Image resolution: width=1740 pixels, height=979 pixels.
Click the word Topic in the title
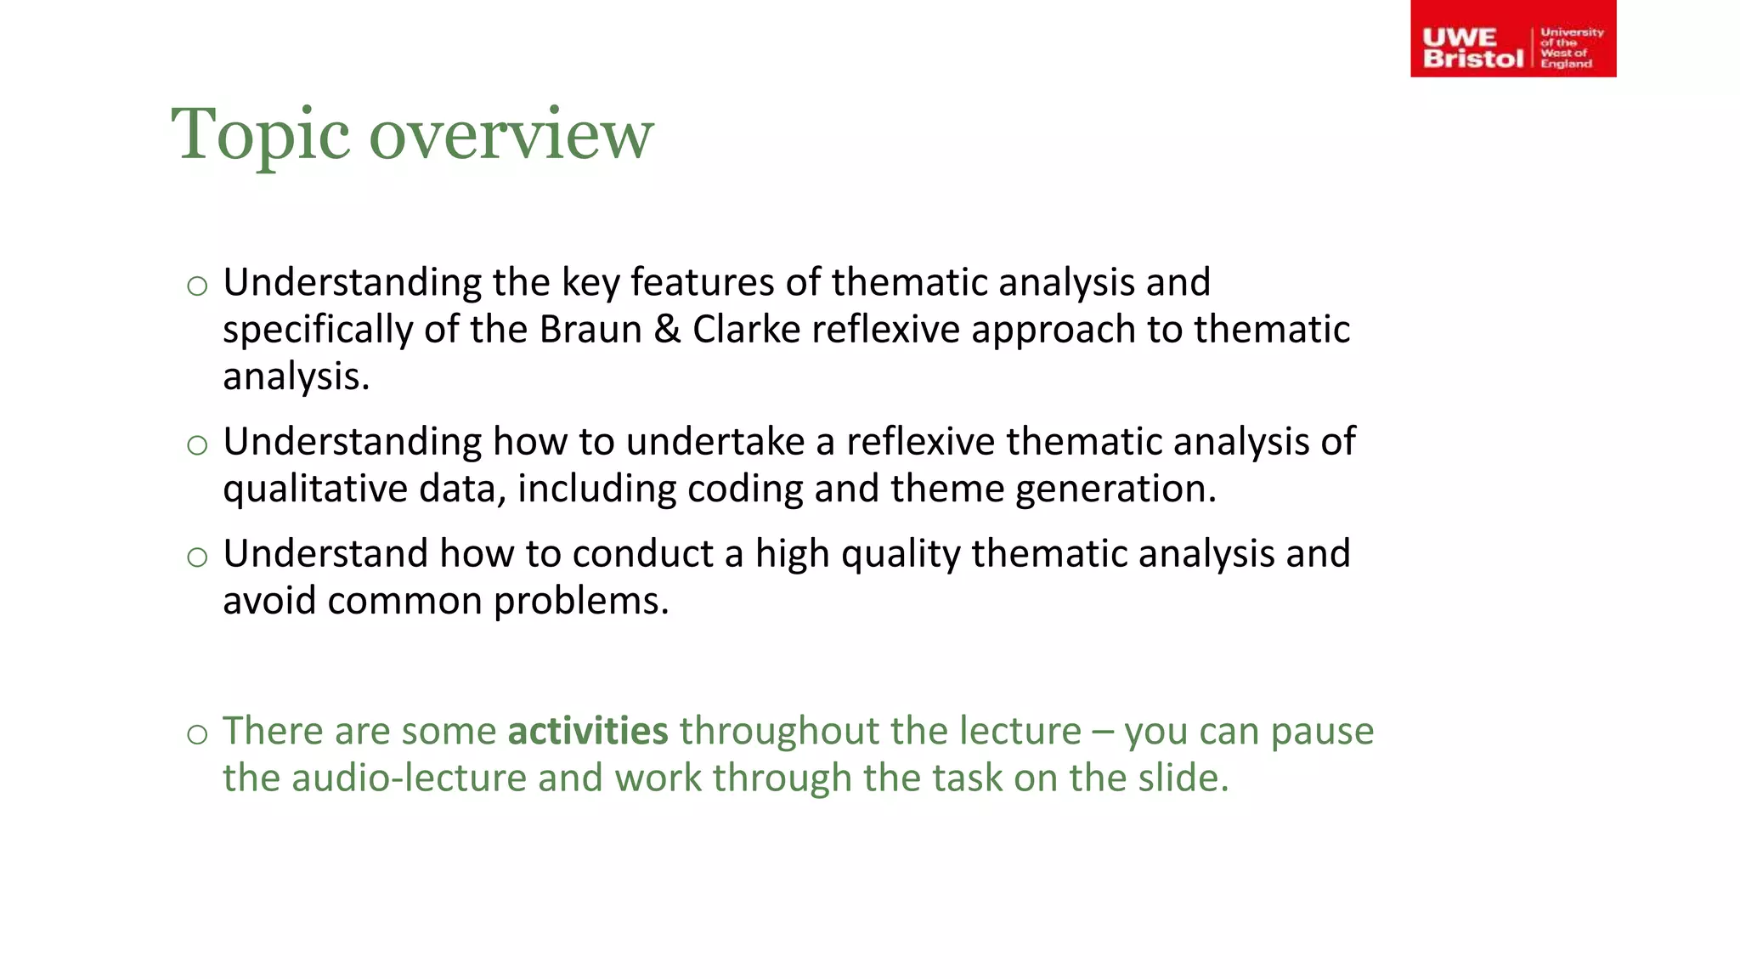coord(260,134)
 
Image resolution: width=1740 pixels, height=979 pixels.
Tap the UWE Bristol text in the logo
coord(1472,48)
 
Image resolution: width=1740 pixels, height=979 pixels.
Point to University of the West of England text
coord(1571,48)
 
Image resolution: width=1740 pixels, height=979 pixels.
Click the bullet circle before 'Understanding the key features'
coord(197,286)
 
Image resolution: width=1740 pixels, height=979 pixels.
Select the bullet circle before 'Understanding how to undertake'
coord(197,445)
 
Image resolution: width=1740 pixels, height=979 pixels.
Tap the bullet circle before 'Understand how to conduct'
coord(197,557)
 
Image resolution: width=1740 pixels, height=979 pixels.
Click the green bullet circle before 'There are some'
coord(197,734)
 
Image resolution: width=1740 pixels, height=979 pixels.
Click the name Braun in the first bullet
coord(590,330)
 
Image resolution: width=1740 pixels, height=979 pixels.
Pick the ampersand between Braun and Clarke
coord(667,330)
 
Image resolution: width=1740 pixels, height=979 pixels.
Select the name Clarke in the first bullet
coord(746,330)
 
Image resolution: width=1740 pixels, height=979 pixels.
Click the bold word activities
coord(588,731)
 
